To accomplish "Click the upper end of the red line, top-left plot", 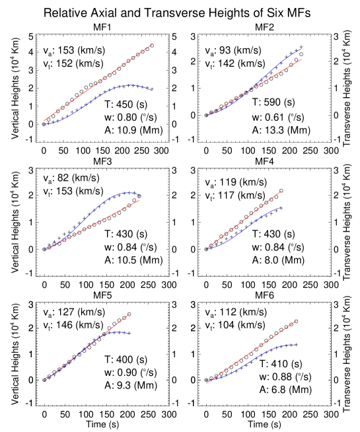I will (153, 45).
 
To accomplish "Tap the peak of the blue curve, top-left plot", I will (130, 85).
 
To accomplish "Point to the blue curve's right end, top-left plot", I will (153, 90).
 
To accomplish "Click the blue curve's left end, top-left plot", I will (44, 124).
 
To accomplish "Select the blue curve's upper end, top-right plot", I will (303, 48).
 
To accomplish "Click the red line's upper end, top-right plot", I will (303, 59).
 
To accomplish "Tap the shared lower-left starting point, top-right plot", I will (207, 116).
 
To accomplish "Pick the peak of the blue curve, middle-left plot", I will (126, 192).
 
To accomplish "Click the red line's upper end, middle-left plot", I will (139, 200).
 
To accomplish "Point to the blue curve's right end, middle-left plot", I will (139, 195).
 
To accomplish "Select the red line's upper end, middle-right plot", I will (281, 191).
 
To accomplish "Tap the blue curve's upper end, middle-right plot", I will (281, 207).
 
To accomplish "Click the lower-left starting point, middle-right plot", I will (207, 249).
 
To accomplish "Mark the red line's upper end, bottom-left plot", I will (129, 314).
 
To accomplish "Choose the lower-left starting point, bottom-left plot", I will (44, 380).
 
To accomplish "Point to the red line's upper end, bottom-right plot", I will (296, 321).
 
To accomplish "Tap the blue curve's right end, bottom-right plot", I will (296, 345).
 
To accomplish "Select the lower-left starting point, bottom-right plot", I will (207, 383).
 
